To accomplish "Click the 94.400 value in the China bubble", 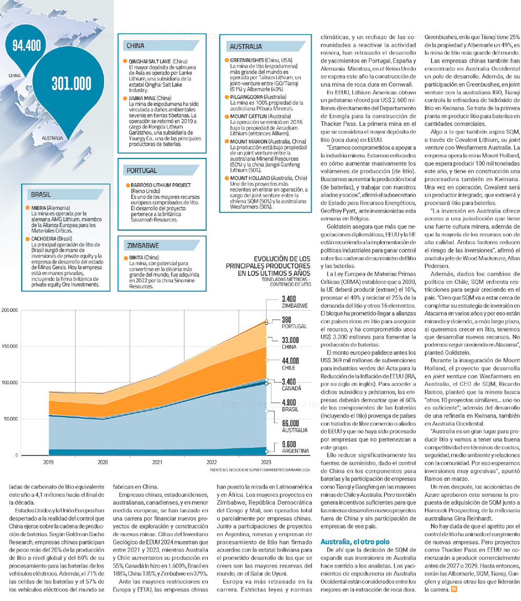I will pos(27,46).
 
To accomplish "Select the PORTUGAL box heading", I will pos(142,170).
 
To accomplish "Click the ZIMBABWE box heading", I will pos(143,245).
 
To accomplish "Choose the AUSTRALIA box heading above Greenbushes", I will pos(246,46).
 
